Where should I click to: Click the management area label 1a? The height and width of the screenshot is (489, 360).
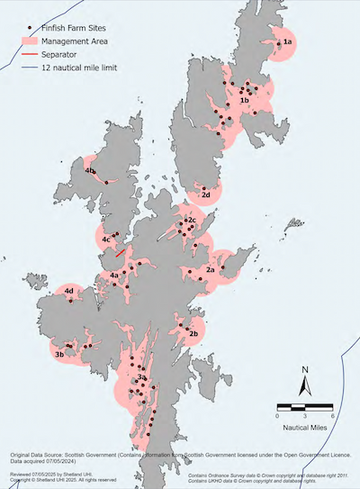(288, 42)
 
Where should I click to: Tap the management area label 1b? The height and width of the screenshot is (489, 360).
(244, 101)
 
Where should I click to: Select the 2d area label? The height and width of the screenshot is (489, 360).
(206, 195)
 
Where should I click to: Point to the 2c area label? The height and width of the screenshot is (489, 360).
(191, 220)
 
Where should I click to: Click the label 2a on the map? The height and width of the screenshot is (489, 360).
(210, 269)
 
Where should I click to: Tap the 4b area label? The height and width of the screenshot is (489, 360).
(90, 170)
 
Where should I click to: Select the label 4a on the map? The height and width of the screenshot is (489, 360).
(114, 274)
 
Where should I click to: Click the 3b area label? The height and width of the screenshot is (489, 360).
(59, 355)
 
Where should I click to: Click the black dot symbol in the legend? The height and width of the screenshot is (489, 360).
(31, 27)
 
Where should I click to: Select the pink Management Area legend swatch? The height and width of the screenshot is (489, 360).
(31, 41)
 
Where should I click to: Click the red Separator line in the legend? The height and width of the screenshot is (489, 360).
(31, 54)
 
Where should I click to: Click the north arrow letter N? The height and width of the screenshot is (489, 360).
(305, 369)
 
